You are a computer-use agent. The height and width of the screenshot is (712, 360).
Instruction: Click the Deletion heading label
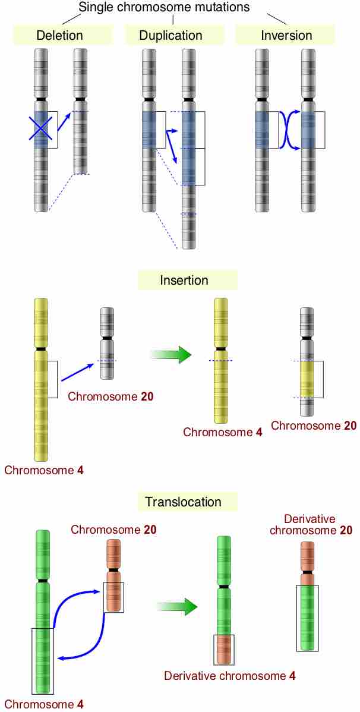[59, 36]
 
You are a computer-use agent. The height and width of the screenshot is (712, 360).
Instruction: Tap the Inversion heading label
[286, 36]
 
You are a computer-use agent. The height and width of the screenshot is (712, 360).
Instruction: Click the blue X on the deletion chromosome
[42, 128]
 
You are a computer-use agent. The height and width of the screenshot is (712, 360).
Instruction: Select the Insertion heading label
[184, 280]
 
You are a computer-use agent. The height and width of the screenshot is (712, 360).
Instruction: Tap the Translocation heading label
[184, 502]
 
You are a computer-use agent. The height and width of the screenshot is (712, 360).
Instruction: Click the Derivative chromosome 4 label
[230, 676]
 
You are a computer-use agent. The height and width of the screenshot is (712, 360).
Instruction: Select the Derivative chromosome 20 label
[310, 525]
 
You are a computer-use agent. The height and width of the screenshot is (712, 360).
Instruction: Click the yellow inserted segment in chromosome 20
[307, 379]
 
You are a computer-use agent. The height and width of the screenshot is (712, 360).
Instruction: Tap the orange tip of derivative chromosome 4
[224, 650]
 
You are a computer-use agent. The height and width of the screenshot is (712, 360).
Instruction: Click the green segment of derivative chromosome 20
[307, 618]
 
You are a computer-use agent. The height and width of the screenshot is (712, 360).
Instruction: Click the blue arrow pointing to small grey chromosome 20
[77, 373]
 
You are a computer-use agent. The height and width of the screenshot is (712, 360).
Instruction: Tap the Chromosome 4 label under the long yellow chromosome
[44, 470]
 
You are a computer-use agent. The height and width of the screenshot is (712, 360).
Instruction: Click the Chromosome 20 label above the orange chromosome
[113, 530]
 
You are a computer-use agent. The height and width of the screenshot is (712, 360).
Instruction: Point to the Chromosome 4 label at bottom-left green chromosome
[44, 704]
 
